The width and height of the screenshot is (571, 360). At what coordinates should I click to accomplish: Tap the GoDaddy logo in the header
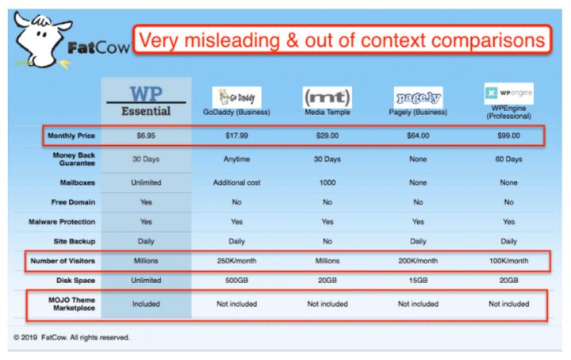click(x=236, y=98)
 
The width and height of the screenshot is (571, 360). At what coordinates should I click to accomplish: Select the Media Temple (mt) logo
click(x=328, y=98)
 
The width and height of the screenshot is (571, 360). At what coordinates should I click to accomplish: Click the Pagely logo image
click(x=418, y=98)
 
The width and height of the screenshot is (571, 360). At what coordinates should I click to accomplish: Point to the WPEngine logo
click(x=508, y=94)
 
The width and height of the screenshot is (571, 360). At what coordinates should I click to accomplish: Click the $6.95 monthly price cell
click(x=146, y=136)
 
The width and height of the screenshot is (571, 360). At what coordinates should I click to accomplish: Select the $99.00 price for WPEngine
click(x=508, y=136)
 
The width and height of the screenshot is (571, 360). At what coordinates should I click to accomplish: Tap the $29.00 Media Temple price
click(x=328, y=136)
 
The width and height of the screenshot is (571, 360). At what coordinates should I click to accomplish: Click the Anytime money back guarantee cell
click(x=236, y=159)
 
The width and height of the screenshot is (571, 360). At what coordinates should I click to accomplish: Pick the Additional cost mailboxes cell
click(x=236, y=182)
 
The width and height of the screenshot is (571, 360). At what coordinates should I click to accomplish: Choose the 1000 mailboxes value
click(x=328, y=182)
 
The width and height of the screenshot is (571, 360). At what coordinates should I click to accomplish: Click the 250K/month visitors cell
click(x=236, y=261)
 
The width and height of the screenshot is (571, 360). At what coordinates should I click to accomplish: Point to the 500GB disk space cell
click(x=236, y=280)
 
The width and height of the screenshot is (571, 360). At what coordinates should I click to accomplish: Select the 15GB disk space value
click(x=418, y=280)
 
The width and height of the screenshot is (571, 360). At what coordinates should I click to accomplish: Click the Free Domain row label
click(x=73, y=202)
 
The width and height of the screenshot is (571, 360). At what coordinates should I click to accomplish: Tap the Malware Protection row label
click(x=62, y=222)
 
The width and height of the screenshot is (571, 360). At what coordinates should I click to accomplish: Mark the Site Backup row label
click(x=75, y=241)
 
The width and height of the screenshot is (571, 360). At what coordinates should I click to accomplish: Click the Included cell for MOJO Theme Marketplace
click(x=146, y=304)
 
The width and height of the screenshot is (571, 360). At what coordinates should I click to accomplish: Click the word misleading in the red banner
click(x=232, y=40)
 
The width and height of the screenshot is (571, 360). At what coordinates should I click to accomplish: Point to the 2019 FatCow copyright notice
click(x=71, y=338)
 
